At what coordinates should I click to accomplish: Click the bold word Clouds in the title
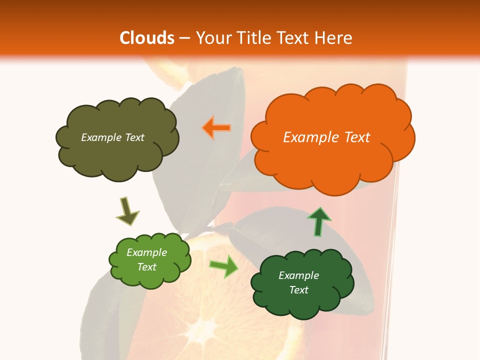coord(147,38)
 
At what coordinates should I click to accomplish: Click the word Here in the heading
coord(334,38)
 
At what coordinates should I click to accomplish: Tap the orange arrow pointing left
coord(216,128)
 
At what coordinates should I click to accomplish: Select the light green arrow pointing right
coord(224,266)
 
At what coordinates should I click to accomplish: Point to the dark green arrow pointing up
coord(318,221)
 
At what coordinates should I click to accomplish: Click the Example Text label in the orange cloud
coord(326,137)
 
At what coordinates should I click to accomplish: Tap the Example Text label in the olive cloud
coord(112,137)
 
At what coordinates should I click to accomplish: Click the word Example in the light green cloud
coord(147,252)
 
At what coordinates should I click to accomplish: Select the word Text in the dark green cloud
coord(299,290)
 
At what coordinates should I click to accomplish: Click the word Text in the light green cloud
coord(147,267)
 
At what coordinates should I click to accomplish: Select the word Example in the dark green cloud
coord(299,275)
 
